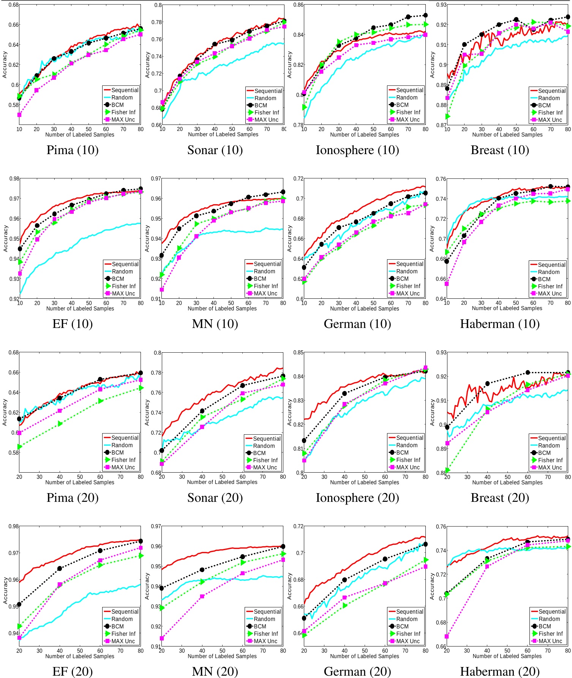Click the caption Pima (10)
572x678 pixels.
point(73,150)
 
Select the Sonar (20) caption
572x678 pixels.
point(215,498)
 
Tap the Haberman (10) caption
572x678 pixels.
point(500,324)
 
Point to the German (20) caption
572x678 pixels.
point(357,672)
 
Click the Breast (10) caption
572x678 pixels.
point(500,150)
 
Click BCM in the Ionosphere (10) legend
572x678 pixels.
point(403,105)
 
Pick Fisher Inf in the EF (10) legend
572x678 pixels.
point(123,286)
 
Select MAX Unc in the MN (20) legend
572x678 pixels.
point(265,641)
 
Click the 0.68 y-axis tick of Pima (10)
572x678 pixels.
point(14,5)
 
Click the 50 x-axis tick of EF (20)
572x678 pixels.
point(80,650)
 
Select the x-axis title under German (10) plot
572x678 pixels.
point(365,309)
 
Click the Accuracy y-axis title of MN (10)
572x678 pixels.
point(148,238)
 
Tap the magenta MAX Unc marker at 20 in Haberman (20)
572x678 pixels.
point(447,637)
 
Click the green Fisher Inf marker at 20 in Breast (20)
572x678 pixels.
point(447,471)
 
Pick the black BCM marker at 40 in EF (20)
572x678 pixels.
point(60,568)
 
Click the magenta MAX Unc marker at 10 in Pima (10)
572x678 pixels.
point(19,115)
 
